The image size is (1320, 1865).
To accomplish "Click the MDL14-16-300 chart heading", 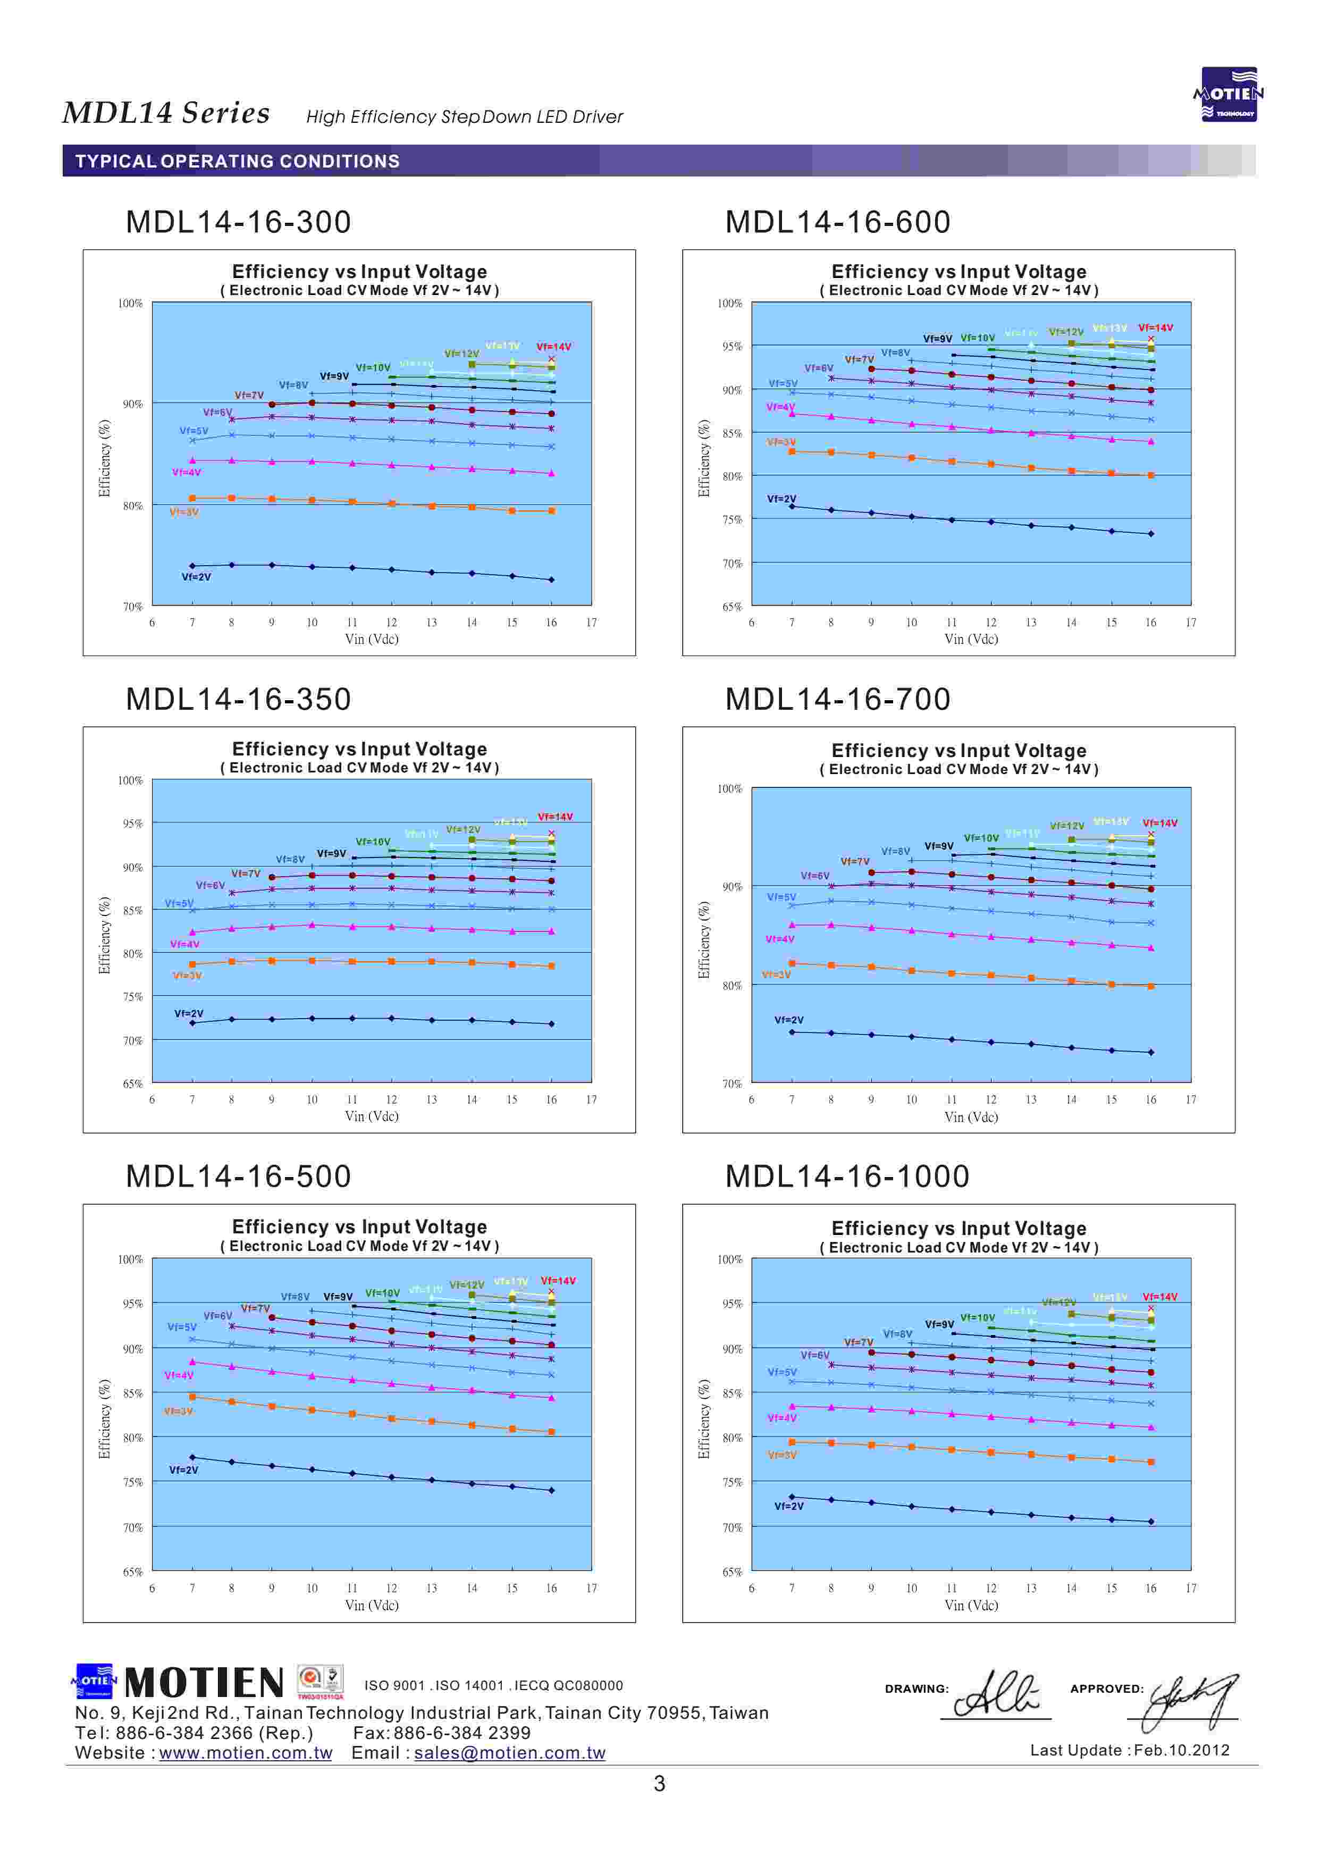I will click(x=238, y=222).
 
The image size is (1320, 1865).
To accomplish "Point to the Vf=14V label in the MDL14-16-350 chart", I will click(x=555, y=817).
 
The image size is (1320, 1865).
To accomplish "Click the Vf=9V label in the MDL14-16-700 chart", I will click(x=939, y=846).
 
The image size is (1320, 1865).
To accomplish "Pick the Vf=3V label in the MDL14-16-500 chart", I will click(x=178, y=1412).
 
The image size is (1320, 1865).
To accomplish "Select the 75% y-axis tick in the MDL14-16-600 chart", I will click(x=732, y=520).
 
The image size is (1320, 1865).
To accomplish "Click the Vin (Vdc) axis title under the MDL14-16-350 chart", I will click(x=372, y=1116).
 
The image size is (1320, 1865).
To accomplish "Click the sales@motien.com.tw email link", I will click(x=510, y=1753).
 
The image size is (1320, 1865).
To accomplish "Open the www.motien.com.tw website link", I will click(x=246, y=1753).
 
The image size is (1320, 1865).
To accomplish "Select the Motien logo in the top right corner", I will click(x=1228, y=94).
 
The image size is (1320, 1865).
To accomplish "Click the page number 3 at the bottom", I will click(x=659, y=1784).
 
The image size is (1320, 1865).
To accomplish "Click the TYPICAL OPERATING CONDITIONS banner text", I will click(x=237, y=162).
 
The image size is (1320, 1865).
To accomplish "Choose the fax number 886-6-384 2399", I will click(x=461, y=1733).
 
